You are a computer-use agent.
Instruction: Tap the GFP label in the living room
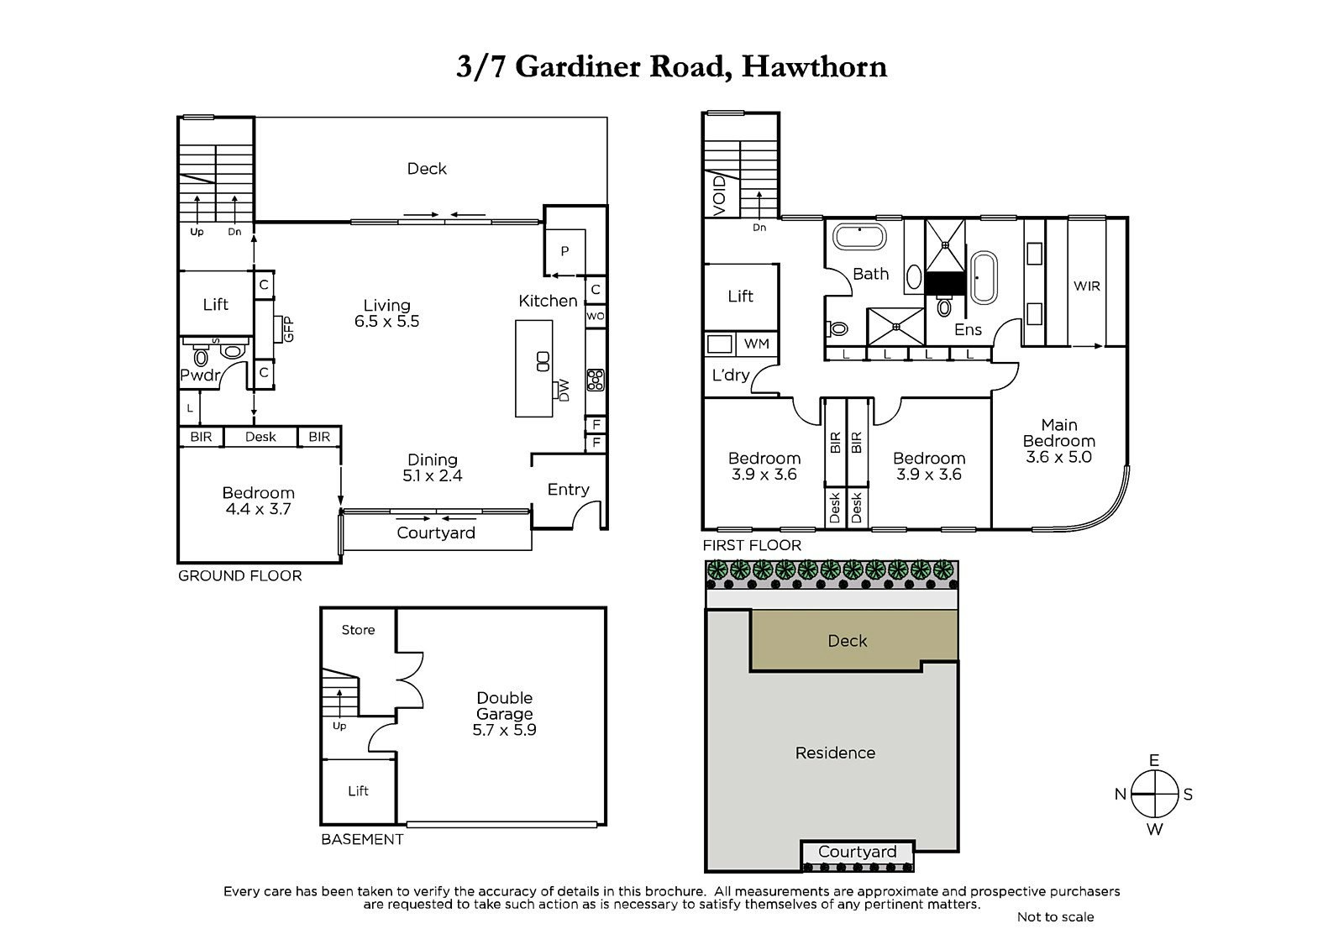[289, 328]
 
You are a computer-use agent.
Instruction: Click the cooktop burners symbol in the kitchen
[596, 380]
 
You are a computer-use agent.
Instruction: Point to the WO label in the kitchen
[596, 317]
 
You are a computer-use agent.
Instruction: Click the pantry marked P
[564, 251]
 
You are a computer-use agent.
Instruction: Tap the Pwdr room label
[199, 375]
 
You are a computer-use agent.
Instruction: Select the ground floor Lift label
[216, 304]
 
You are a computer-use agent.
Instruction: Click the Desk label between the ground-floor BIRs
[260, 437]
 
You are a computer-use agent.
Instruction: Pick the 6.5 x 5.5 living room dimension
[387, 322]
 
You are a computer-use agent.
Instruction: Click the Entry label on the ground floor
[569, 489]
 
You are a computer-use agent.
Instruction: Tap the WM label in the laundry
[756, 344]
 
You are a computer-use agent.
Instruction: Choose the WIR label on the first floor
[1087, 286]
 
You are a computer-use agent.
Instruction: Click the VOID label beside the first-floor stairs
[719, 197]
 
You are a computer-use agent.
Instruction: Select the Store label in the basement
[358, 630]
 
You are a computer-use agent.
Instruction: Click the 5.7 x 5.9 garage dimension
[504, 730]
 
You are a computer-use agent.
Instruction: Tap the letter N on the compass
[1121, 795]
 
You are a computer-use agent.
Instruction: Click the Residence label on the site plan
[835, 753]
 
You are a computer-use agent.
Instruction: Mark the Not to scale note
[1055, 916]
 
